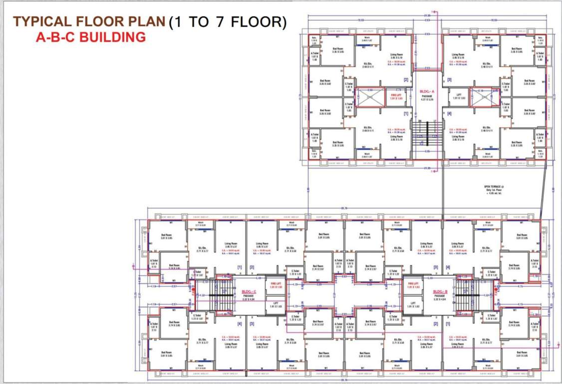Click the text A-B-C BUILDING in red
click(91, 37)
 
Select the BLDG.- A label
click(427, 91)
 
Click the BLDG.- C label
click(249, 291)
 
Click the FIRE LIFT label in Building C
click(273, 285)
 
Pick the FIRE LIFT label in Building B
click(412, 285)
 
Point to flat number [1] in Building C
click(239, 267)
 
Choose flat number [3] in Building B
click(435, 267)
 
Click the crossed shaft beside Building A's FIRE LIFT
click(370, 96)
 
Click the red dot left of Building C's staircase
click(193, 289)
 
